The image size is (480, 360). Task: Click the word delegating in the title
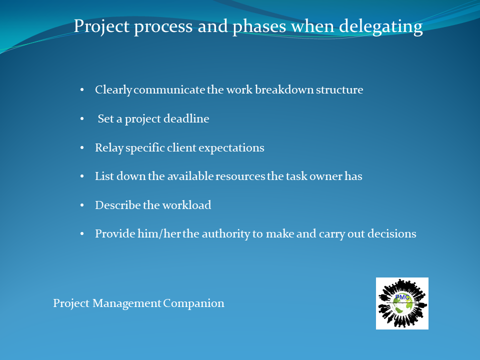pyautogui.click(x=381, y=27)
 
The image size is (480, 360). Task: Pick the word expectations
pyautogui.click(x=231, y=148)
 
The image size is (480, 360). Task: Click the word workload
pyautogui.click(x=186, y=205)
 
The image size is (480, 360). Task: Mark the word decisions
pyautogui.click(x=392, y=233)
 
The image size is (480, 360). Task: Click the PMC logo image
pyautogui.click(x=402, y=303)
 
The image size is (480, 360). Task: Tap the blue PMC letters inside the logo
pyautogui.click(x=402, y=297)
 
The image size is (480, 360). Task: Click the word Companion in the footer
pyautogui.click(x=193, y=303)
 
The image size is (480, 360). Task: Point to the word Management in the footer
pyautogui.click(x=126, y=303)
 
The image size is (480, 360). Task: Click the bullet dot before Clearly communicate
pyautogui.click(x=82, y=90)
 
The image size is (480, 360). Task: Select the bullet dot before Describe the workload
pyautogui.click(x=82, y=205)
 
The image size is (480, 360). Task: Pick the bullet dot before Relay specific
pyautogui.click(x=82, y=148)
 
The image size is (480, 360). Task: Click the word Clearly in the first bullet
pyautogui.click(x=113, y=90)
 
